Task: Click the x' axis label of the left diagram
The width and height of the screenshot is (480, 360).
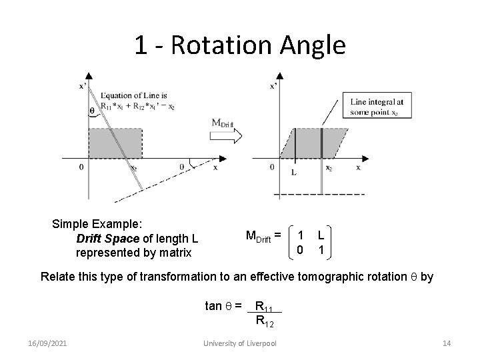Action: pos(83,86)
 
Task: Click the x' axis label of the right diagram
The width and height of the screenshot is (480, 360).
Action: pos(273,86)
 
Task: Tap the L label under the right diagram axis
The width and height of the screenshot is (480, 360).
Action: pos(294,171)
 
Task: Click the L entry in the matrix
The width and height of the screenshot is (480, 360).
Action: pos(321,235)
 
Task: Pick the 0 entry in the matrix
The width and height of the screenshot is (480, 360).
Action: pos(300,250)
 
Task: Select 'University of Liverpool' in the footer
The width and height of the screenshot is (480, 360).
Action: pos(241,343)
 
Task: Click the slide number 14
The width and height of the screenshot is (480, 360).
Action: pos(447,343)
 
